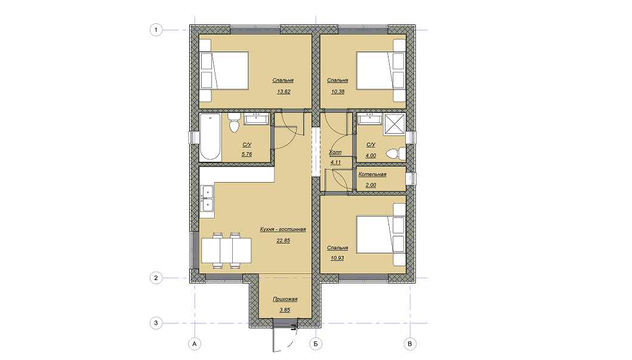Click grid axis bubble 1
tap(156, 30)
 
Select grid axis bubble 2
tap(156, 278)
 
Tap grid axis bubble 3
tap(156, 323)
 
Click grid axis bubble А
tap(195, 344)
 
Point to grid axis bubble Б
tap(316, 344)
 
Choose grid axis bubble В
tap(410, 344)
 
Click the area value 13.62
tap(283, 91)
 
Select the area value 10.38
tap(338, 91)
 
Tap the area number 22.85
tap(283, 241)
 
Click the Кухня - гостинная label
tap(282, 229)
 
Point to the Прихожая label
tap(285, 299)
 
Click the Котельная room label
tap(372, 174)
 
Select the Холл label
tap(335, 152)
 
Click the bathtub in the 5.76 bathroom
tap(210, 137)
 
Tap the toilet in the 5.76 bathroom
tap(234, 122)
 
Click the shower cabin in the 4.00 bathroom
tap(394, 124)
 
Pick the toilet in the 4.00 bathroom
tap(396, 153)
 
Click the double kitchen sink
tap(207, 198)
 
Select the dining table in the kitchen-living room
tap(226, 250)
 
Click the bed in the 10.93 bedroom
tap(381, 235)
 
